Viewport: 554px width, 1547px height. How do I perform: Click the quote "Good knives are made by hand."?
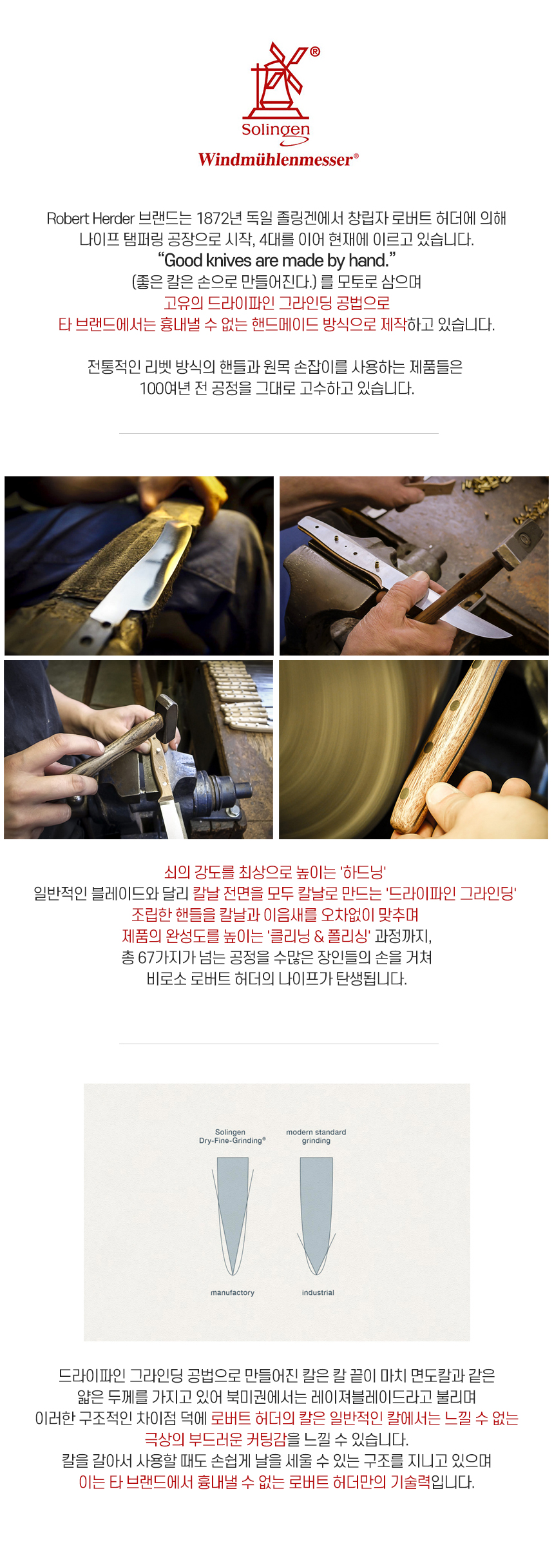pyautogui.click(x=277, y=260)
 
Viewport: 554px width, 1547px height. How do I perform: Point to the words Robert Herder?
pyautogui.click(x=90, y=219)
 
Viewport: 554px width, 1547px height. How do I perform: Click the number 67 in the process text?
pyautogui.click(x=146, y=957)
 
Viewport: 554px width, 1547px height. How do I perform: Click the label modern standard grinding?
pyautogui.click(x=316, y=1136)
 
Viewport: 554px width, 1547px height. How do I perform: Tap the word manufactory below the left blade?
pyautogui.click(x=233, y=1292)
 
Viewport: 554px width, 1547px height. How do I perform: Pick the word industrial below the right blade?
pyautogui.click(x=318, y=1292)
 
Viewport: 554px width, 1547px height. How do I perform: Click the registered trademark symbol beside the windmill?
pyautogui.click(x=315, y=52)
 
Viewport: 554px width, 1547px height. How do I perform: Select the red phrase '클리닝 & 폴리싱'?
pyautogui.click(x=319, y=936)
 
